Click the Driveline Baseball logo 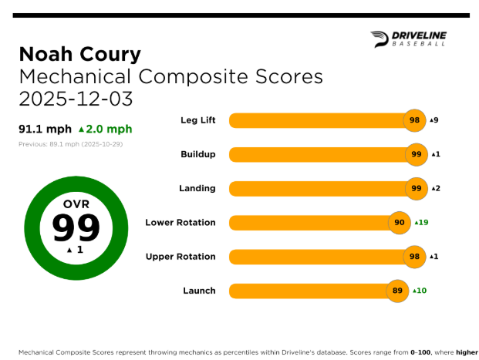[408, 39]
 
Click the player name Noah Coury [79, 54]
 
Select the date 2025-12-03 [76, 99]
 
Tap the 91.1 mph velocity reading [45, 129]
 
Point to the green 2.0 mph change [106, 129]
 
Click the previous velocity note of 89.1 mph [70, 144]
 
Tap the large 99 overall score [76, 228]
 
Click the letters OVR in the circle [76, 204]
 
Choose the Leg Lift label [197, 120]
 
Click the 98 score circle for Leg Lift [415, 120]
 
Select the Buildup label [197, 154]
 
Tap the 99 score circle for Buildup [417, 154]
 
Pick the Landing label [198, 188]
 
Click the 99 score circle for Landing [417, 188]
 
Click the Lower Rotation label [180, 223]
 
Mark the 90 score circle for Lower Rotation [400, 223]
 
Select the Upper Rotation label [180, 257]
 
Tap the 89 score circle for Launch [397, 291]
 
